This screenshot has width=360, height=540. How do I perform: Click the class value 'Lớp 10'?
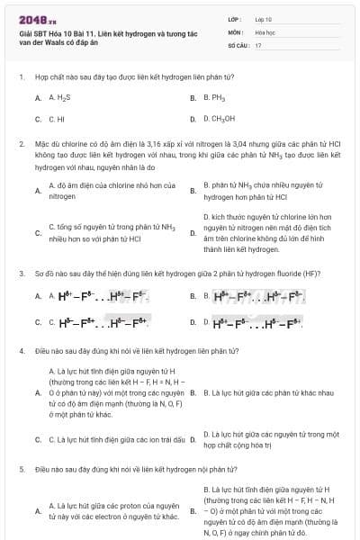click(263, 18)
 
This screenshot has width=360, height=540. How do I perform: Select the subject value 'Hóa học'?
click(264, 31)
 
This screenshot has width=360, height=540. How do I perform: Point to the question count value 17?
click(258, 44)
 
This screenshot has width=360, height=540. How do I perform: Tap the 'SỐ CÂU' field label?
click(237, 44)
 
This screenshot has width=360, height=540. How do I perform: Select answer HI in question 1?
click(56, 118)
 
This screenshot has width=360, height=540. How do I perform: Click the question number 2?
click(21, 142)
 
